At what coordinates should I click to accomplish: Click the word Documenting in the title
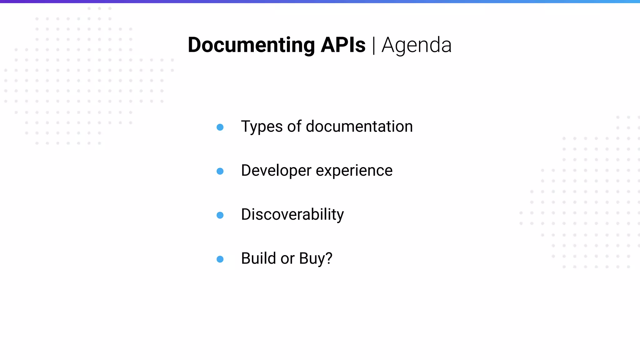pyautogui.click(x=251, y=45)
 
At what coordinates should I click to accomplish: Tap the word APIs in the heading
pyautogui.click(x=343, y=45)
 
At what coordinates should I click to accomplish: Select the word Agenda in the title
pyautogui.click(x=416, y=45)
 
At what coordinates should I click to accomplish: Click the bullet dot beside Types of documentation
pyautogui.click(x=220, y=127)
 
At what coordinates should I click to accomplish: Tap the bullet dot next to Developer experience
pyautogui.click(x=220, y=171)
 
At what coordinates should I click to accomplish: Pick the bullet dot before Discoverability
pyautogui.click(x=220, y=215)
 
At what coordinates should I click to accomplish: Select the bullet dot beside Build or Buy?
pyautogui.click(x=220, y=259)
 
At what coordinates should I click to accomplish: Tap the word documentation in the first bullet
pyautogui.click(x=359, y=127)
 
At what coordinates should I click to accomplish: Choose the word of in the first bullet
pyautogui.click(x=294, y=127)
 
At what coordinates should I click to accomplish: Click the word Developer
pyautogui.click(x=276, y=171)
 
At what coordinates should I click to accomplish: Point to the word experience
pyautogui.click(x=354, y=171)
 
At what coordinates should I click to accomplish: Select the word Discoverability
pyautogui.click(x=292, y=215)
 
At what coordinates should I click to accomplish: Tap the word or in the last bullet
pyautogui.click(x=287, y=259)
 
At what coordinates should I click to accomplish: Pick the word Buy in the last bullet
pyautogui.click(x=312, y=259)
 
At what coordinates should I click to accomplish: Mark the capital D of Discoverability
pyautogui.click(x=247, y=215)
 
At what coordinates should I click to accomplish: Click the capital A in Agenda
pyautogui.click(x=388, y=45)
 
